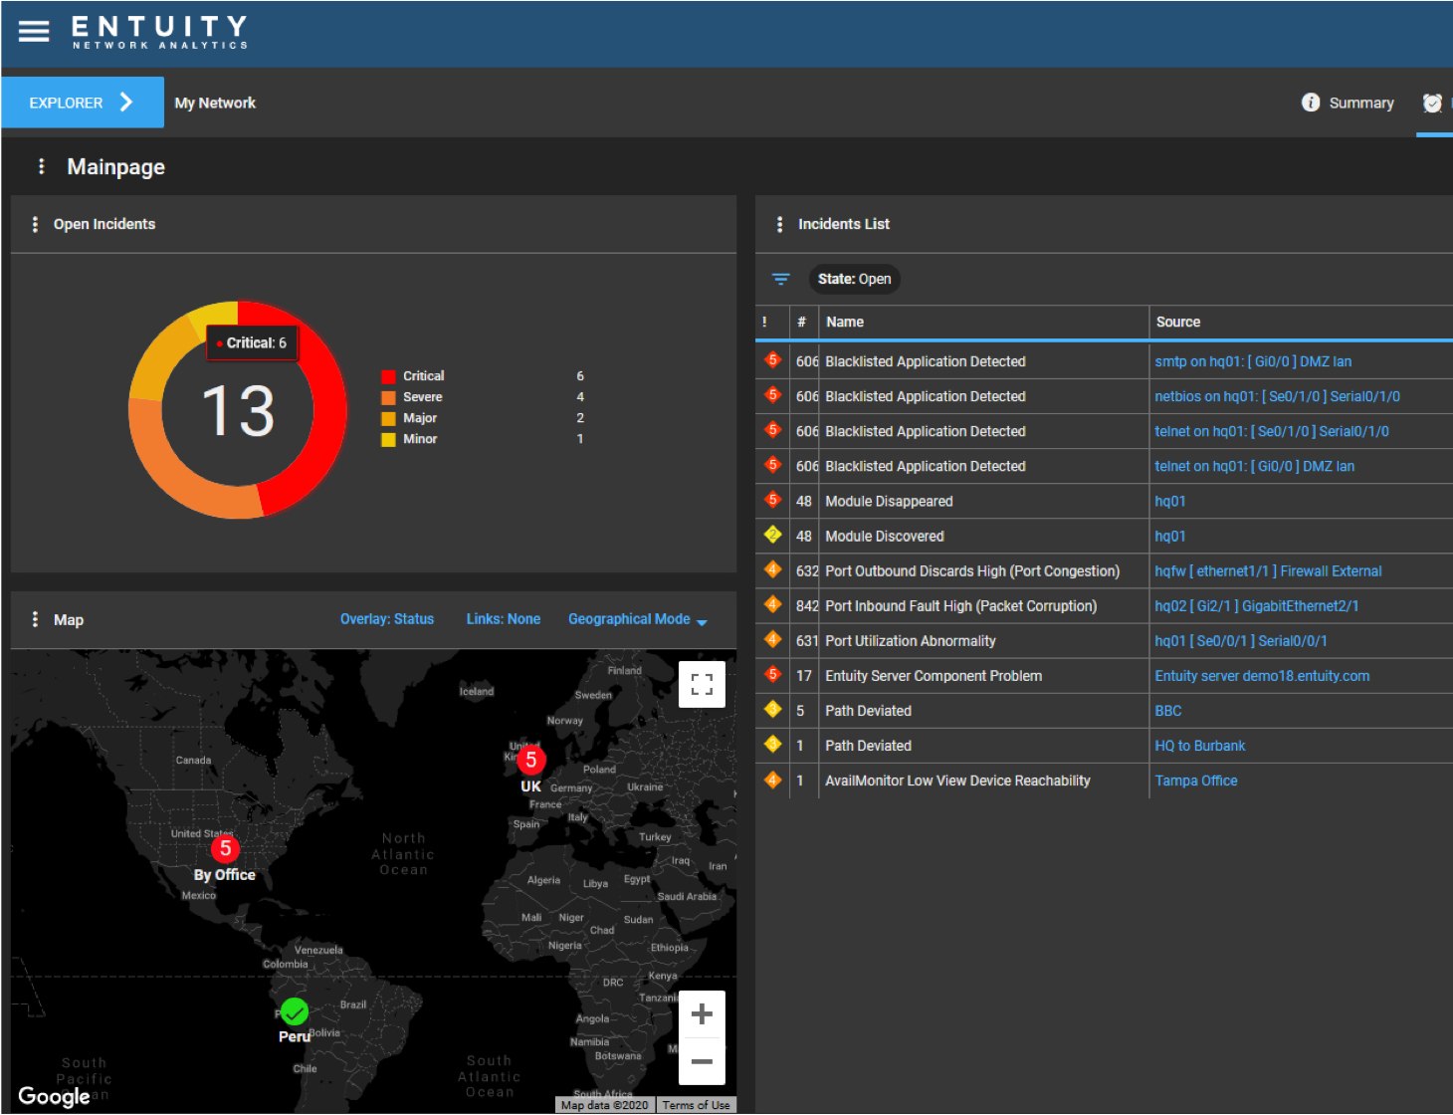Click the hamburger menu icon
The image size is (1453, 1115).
(x=34, y=32)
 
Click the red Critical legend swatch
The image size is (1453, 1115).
(x=388, y=376)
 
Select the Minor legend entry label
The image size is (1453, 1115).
(x=420, y=439)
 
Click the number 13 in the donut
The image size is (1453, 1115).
(x=238, y=411)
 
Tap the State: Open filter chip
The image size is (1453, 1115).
(x=854, y=279)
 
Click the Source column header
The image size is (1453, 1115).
(x=1178, y=322)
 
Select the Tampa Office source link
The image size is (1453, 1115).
(x=1195, y=780)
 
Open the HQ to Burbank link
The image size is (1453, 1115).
(x=1199, y=746)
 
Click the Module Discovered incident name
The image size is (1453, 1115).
(x=884, y=537)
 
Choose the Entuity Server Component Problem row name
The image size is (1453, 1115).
(x=933, y=676)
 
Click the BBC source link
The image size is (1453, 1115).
(x=1167, y=711)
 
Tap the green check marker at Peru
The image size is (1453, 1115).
(x=294, y=1011)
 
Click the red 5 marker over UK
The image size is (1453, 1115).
(x=530, y=761)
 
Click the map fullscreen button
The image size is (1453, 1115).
(x=702, y=684)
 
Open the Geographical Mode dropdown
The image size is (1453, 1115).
(x=637, y=619)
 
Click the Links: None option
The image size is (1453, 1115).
(x=503, y=619)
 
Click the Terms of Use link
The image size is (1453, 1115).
(x=696, y=1105)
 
